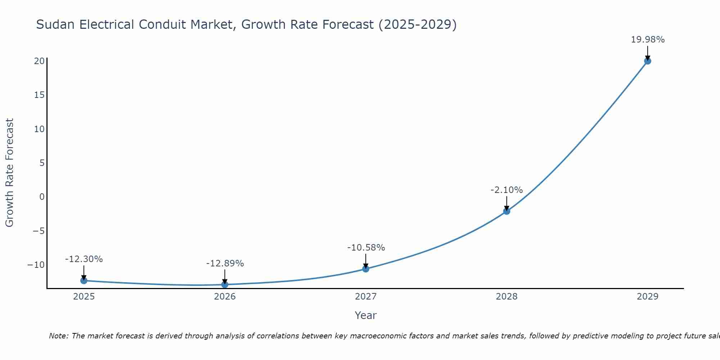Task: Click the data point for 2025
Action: click(84, 280)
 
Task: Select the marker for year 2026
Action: click(225, 284)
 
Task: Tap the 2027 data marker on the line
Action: click(366, 269)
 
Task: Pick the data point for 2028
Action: click(507, 211)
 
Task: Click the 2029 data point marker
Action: click(647, 61)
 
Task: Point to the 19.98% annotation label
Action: click(647, 40)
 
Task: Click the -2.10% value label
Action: click(507, 190)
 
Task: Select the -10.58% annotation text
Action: click(366, 248)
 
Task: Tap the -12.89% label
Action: click(225, 264)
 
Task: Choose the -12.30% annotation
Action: click(84, 259)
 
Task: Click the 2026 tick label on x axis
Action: click(225, 297)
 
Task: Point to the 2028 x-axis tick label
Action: click(507, 297)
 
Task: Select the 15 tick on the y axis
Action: click(39, 95)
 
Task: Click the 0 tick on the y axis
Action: click(42, 197)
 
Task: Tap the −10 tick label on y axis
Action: click(36, 265)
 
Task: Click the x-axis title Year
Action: click(365, 315)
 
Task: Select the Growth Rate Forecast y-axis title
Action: click(9, 173)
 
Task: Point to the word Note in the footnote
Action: click(58, 336)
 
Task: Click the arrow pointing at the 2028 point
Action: click(507, 203)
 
